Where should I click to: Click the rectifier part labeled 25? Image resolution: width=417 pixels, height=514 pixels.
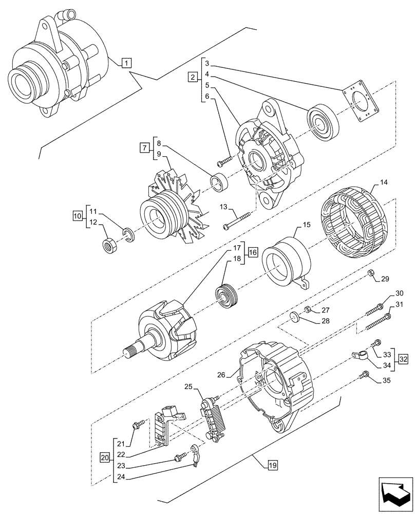coord(211,419)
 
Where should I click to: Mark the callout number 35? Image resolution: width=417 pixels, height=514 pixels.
coord(386,381)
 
